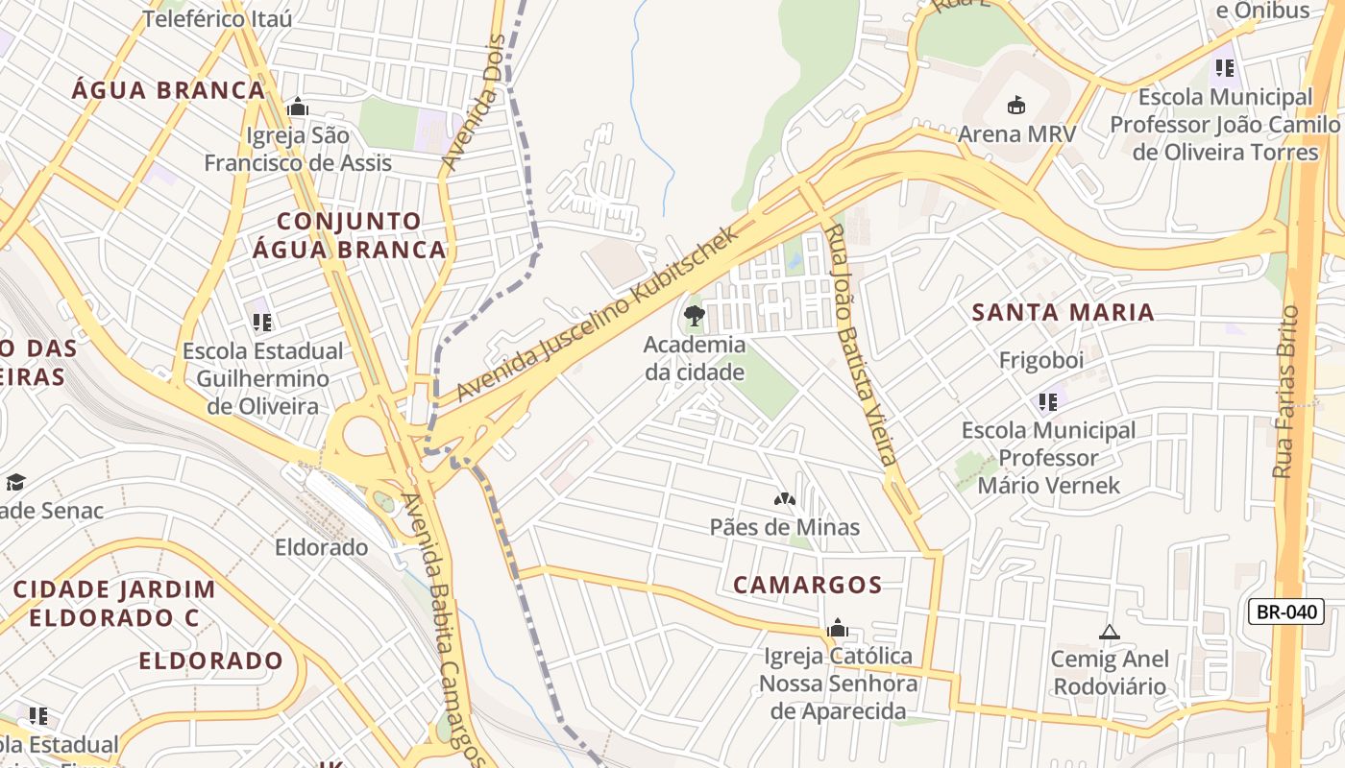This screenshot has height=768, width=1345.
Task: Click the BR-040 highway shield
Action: (1285, 612)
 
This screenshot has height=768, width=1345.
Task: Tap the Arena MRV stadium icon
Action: (1016, 105)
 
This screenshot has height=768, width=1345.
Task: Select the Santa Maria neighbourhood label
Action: (1063, 312)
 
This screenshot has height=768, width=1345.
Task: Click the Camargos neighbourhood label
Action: (807, 585)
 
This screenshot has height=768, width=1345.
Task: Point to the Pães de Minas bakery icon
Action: (784, 499)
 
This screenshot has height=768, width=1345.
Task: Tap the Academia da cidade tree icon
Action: (694, 316)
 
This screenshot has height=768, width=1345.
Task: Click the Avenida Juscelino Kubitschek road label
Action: (599, 314)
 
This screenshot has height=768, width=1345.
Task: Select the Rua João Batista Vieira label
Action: (863, 345)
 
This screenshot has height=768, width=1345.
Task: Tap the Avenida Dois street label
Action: (474, 104)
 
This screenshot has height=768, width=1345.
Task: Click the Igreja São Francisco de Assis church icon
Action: (298, 107)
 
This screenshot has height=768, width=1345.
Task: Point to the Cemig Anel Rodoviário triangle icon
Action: (1110, 632)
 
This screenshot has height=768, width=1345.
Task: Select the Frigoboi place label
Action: (1041, 360)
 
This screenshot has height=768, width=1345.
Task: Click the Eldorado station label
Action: (321, 547)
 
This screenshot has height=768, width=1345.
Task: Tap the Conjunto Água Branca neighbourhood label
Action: (349, 235)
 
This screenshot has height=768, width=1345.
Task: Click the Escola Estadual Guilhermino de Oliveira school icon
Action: (261, 322)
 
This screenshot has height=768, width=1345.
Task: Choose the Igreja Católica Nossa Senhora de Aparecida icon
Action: (837, 628)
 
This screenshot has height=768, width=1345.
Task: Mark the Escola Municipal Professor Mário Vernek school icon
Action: (1047, 401)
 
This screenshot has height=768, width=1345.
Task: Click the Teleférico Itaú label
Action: (217, 18)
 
